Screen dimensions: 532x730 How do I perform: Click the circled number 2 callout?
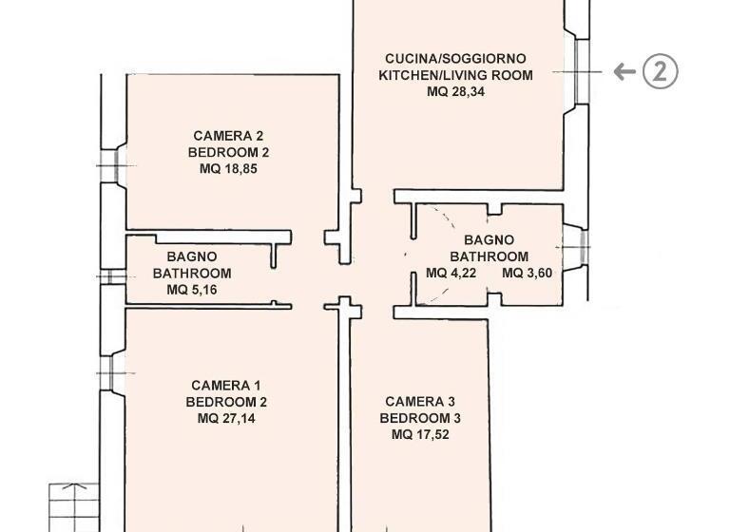click(x=661, y=71)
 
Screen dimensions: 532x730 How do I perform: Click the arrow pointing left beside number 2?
click(x=624, y=71)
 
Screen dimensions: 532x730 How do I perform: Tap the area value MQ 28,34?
click(x=456, y=92)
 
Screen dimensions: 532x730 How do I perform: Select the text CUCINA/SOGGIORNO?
click(x=456, y=58)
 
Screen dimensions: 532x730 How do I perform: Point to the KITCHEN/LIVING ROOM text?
click(x=456, y=75)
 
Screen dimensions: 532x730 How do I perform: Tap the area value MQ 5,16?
click(x=192, y=290)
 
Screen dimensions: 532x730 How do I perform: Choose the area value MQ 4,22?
click(x=450, y=274)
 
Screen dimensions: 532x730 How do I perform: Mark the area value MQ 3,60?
click(x=527, y=274)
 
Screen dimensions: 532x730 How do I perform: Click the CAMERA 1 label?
click(x=226, y=385)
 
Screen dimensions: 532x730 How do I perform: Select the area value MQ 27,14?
click(x=226, y=418)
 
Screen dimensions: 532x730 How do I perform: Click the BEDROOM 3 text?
click(x=420, y=418)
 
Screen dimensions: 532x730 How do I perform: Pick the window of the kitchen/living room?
click(x=578, y=71)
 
